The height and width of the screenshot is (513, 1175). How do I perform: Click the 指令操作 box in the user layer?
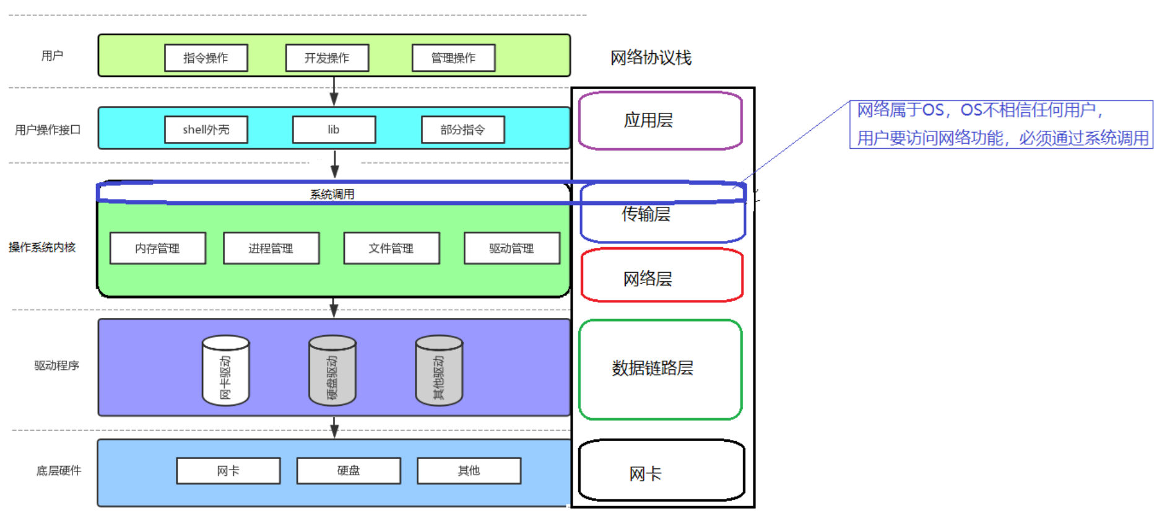pos(206,58)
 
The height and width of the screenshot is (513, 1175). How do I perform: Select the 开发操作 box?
pos(327,58)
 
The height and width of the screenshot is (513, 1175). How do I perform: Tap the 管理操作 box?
pos(453,58)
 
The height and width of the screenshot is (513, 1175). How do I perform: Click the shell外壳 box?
pos(206,129)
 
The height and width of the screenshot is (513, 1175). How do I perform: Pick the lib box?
pos(334,129)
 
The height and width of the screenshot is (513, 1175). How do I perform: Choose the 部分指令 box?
pos(462,129)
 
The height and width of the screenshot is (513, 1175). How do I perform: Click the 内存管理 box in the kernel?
pos(157,248)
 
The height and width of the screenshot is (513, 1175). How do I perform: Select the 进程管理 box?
pos(271,248)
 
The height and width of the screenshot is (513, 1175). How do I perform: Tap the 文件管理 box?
pos(391,248)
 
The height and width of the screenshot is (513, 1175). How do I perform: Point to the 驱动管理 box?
pos(511,248)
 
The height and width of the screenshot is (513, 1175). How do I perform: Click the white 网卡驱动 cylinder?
pos(225,370)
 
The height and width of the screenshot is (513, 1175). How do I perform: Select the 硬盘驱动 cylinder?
pos(332,370)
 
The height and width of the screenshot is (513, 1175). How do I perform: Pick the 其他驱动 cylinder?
pos(439,370)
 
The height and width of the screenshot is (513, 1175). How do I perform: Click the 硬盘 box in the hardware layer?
pos(349,471)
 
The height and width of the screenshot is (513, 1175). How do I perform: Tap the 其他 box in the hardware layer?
pos(469,471)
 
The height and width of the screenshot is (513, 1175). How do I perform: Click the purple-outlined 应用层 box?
pos(660,121)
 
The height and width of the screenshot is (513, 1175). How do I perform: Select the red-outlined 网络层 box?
pos(661,276)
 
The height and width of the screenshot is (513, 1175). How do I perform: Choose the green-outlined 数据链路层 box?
pos(660,369)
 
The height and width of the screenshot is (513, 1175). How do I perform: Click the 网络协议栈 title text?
pos(651,58)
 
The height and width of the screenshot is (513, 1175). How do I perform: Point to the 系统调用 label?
pos(332,194)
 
